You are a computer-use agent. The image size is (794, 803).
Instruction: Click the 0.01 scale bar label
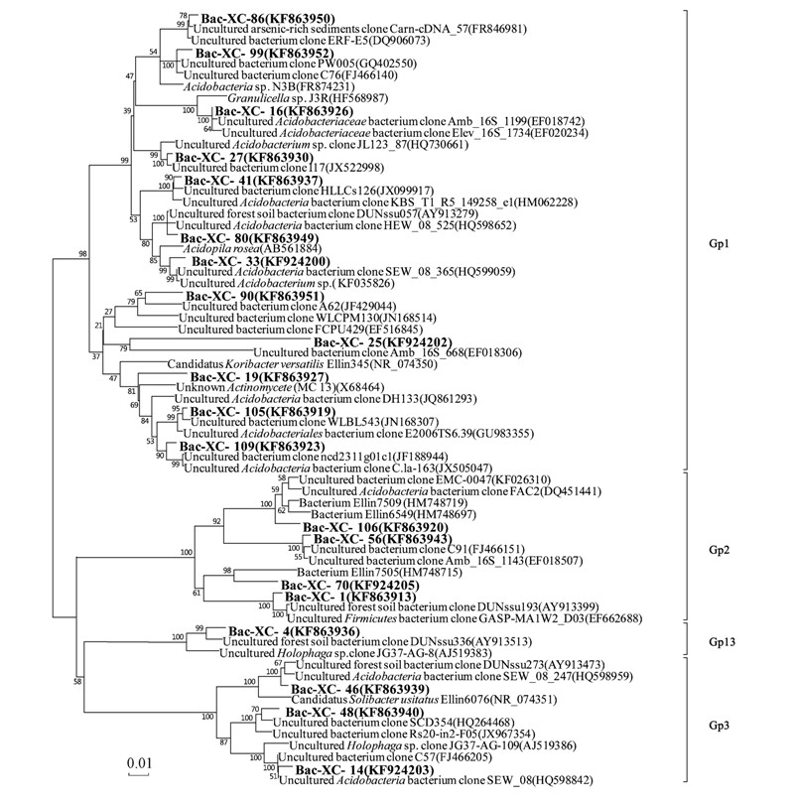139,762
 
